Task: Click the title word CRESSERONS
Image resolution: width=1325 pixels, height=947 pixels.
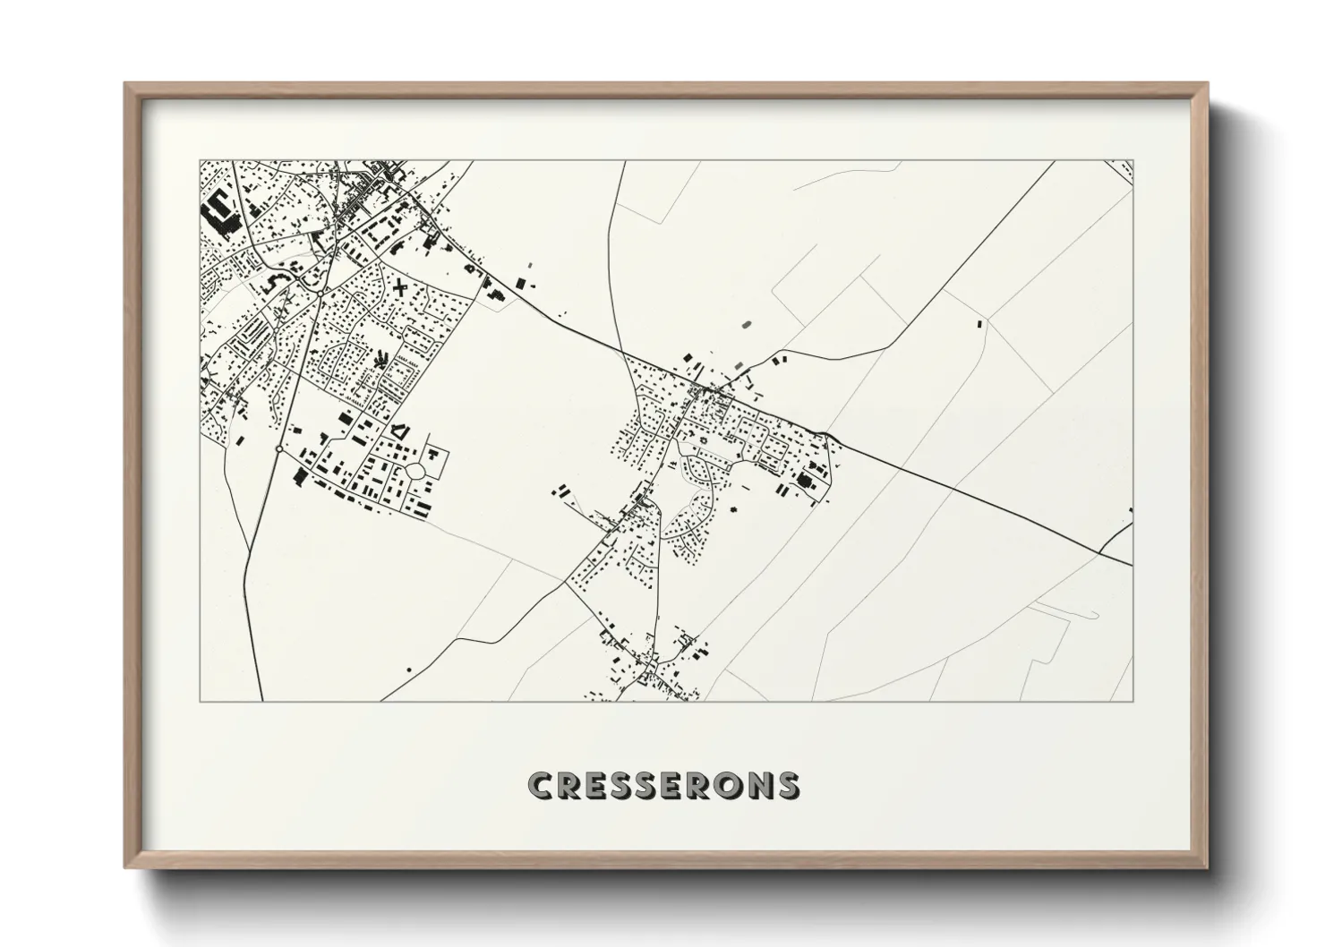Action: (x=663, y=785)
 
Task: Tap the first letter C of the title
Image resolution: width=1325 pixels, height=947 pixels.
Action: (x=542, y=785)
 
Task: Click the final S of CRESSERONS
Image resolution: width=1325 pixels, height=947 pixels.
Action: (x=787, y=785)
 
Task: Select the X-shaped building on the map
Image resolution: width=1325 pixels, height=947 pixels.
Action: (x=397, y=288)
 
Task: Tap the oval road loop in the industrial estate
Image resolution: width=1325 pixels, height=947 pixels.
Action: (x=415, y=471)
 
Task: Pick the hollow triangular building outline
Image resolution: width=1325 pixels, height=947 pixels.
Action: (x=400, y=431)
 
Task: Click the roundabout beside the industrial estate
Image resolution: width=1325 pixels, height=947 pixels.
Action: (x=280, y=448)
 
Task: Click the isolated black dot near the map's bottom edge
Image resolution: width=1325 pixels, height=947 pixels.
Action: (x=409, y=670)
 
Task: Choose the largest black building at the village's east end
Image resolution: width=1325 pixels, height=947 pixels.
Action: (x=801, y=484)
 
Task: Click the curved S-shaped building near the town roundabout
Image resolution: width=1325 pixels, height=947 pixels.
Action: (x=274, y=282)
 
